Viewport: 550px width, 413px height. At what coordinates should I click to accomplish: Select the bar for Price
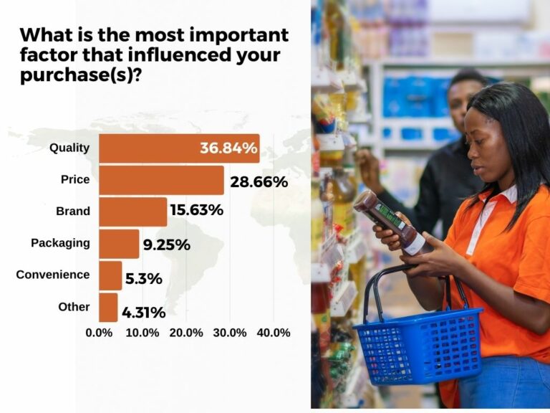pos(161,181)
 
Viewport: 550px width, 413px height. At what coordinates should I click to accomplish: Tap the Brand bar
pos(132,212)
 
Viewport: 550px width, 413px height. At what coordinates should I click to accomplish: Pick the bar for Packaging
pos(119,244)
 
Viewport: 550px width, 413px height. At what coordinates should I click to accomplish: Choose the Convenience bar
pos(110,275)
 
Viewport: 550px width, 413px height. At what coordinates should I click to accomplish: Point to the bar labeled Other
pos(108,307)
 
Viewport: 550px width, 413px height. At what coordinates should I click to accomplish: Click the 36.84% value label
pos(228,148)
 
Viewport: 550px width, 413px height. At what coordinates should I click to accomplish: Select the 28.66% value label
pos(259,182)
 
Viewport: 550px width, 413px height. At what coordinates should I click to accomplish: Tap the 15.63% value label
pos(196,211)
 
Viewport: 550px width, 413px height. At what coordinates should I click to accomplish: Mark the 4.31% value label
pos(143,313)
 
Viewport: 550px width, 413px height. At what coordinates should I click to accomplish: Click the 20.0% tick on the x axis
pos(185,333)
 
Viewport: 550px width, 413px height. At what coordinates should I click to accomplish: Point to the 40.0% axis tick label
pos(273,333)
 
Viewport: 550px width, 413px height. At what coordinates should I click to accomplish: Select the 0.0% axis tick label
pos(99,333)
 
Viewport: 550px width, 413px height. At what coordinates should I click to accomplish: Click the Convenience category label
pos(53,275)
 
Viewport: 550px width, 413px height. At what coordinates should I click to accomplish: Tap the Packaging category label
pos(60,242)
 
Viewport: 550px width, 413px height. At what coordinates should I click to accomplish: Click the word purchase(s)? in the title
pos(82,76)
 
